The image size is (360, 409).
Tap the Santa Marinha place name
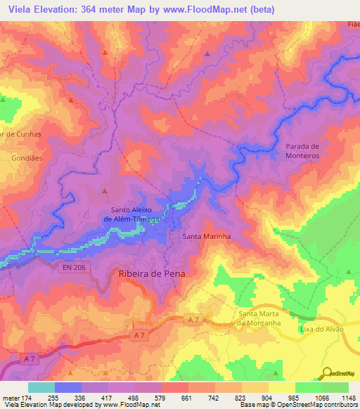pos(207,237)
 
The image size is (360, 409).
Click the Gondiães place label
pos(27,159)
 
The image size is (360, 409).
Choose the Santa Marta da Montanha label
pos(259,318)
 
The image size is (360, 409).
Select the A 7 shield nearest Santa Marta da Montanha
pos(195,320)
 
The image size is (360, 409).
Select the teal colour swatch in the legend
pos(41,387)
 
